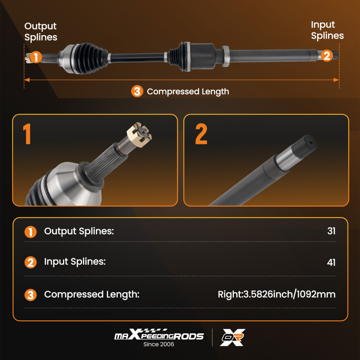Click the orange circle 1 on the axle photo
[36, 57]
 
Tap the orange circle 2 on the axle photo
[327, 55]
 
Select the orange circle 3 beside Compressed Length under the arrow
[137, 91]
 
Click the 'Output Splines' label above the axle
[41, 32]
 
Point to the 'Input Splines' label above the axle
[327, 30]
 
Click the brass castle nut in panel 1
[139, 135]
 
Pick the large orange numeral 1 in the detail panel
[27, 134]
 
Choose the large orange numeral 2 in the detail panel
[201, 134]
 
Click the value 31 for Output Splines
[331, 231]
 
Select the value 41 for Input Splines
[331, 262]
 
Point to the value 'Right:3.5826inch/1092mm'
[276, 294]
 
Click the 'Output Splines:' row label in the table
[79, 231]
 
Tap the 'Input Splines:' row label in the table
[75, 262]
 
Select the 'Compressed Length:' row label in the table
[92, 294]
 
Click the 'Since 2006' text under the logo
[159, 344]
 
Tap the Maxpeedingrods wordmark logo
[159, 334]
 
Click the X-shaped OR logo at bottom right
[233, 337]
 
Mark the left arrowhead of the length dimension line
[27, 80]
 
